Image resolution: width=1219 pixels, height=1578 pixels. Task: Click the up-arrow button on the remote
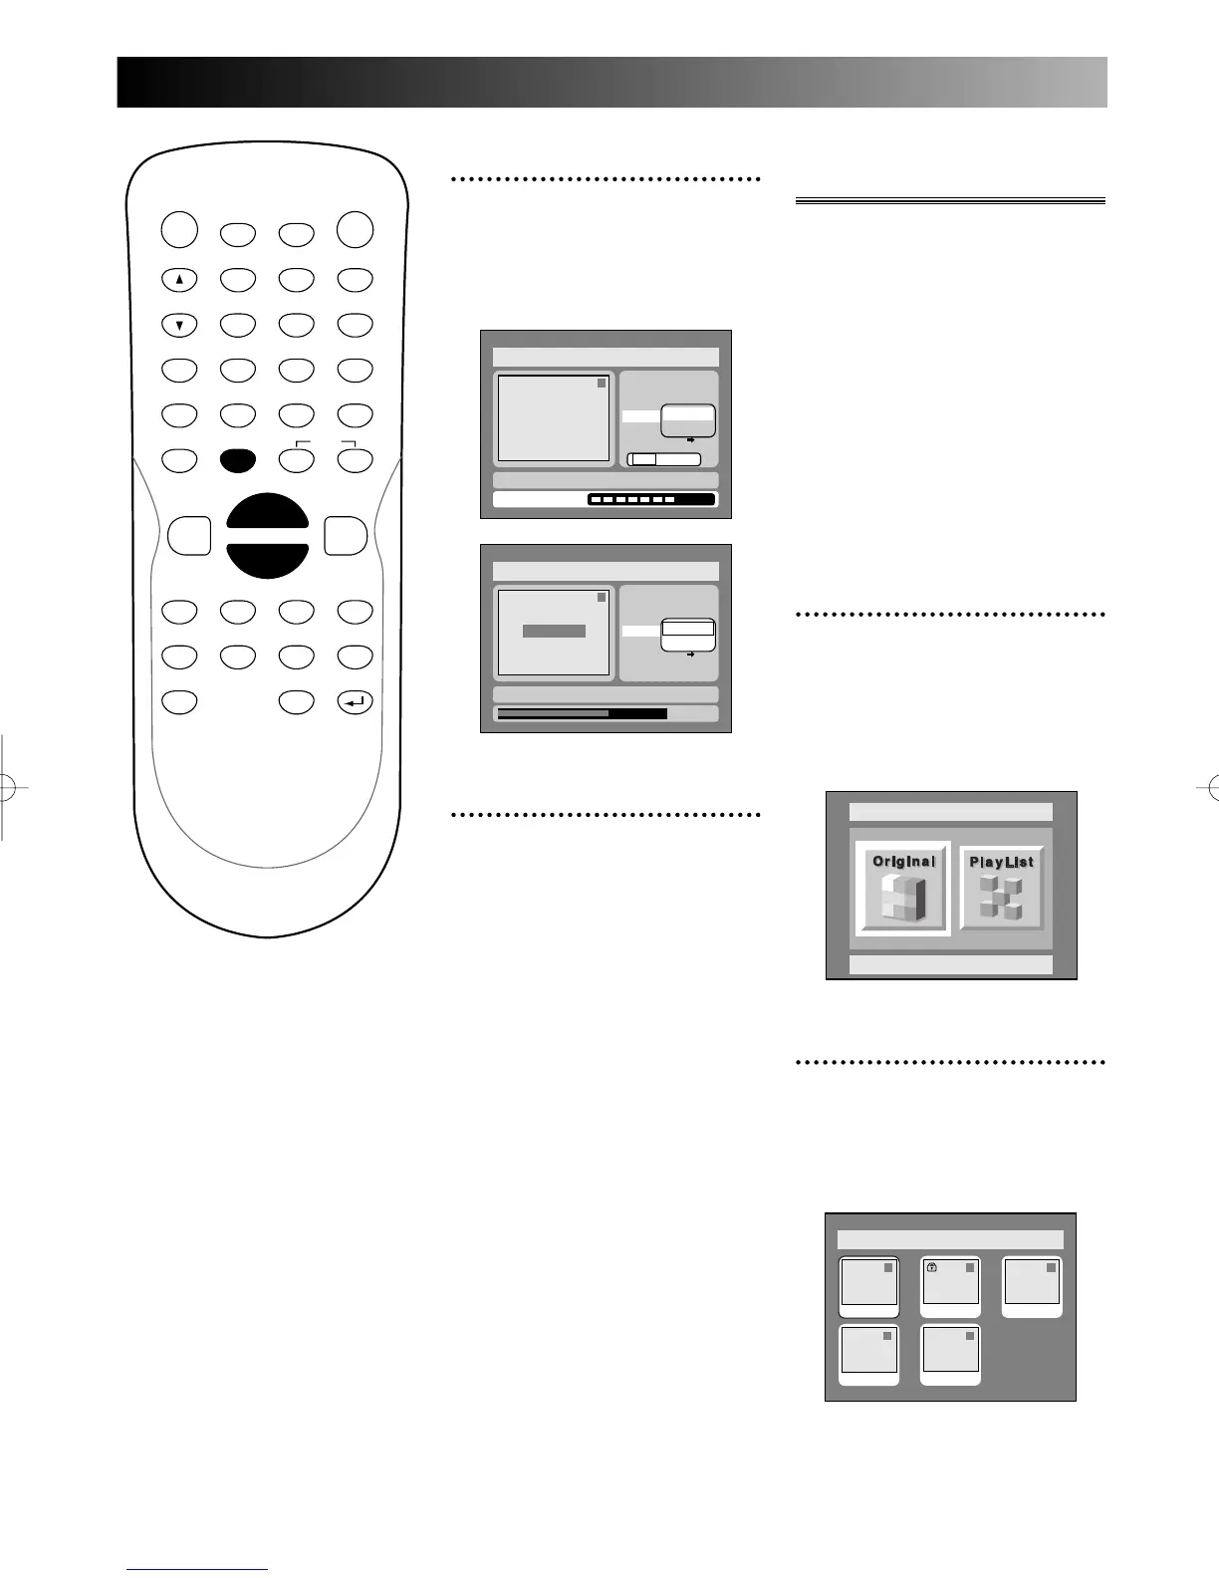pyautogui.click(x=179, y=280)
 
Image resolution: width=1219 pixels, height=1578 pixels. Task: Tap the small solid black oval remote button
pyautogui.click(x=238, y=459)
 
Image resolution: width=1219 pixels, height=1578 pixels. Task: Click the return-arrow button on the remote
pyautogui.click(x=355, y=702)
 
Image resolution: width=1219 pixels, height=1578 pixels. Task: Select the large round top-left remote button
pyautogui.click(x=179, y=230)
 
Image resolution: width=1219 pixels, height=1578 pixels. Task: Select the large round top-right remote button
pyautogui.click(x=355, y=230)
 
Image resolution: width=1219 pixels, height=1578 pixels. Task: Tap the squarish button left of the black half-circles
pyautogui.click(x=189, y=535)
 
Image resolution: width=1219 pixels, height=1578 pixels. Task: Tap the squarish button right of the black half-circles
pyautogui.click(x=346, y=535)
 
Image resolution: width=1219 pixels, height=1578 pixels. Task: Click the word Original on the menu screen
pyautogui.click(x=903, y=861)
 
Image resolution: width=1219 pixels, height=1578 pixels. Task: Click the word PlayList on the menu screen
pyautogui.click(x=1001, y=862)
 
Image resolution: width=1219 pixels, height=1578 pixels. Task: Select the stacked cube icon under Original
pyautogui.click(x=903, y=899)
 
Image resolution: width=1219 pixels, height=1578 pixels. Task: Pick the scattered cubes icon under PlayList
pyautogui.click(x=1001, y=898)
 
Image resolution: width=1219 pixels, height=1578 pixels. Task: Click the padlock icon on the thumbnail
pyautogui.click(x=932, y=1268)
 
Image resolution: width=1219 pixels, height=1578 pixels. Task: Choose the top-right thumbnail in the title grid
pyautogui.click(x=1032, y=1286)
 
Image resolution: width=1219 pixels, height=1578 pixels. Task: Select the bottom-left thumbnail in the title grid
pyautogui.click(x=868, y=1354)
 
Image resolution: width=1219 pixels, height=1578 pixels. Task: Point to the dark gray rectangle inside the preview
pyautogui.click(x=554, y=632)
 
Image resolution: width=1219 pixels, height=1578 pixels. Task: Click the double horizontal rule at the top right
pyautogui.click(x=950, y=201)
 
